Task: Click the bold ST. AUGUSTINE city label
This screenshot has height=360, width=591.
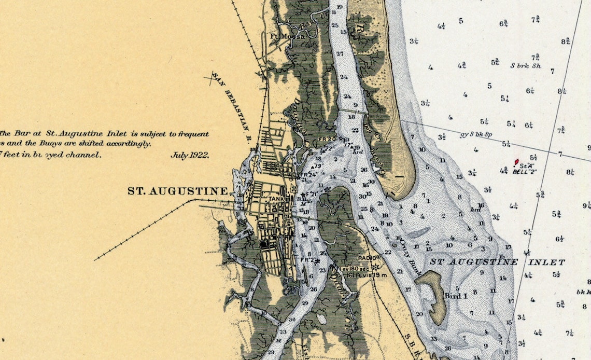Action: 177,191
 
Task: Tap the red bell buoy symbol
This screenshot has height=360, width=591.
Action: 516,162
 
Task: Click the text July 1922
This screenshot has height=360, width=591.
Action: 190,155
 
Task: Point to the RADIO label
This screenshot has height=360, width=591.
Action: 369,257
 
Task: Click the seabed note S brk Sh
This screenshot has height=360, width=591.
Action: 526,66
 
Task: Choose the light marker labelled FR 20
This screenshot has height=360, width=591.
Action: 327,139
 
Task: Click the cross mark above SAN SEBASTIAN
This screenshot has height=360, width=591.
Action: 211,79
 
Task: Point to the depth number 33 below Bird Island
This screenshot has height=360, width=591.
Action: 432,339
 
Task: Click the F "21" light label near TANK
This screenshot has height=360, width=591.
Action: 311,195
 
